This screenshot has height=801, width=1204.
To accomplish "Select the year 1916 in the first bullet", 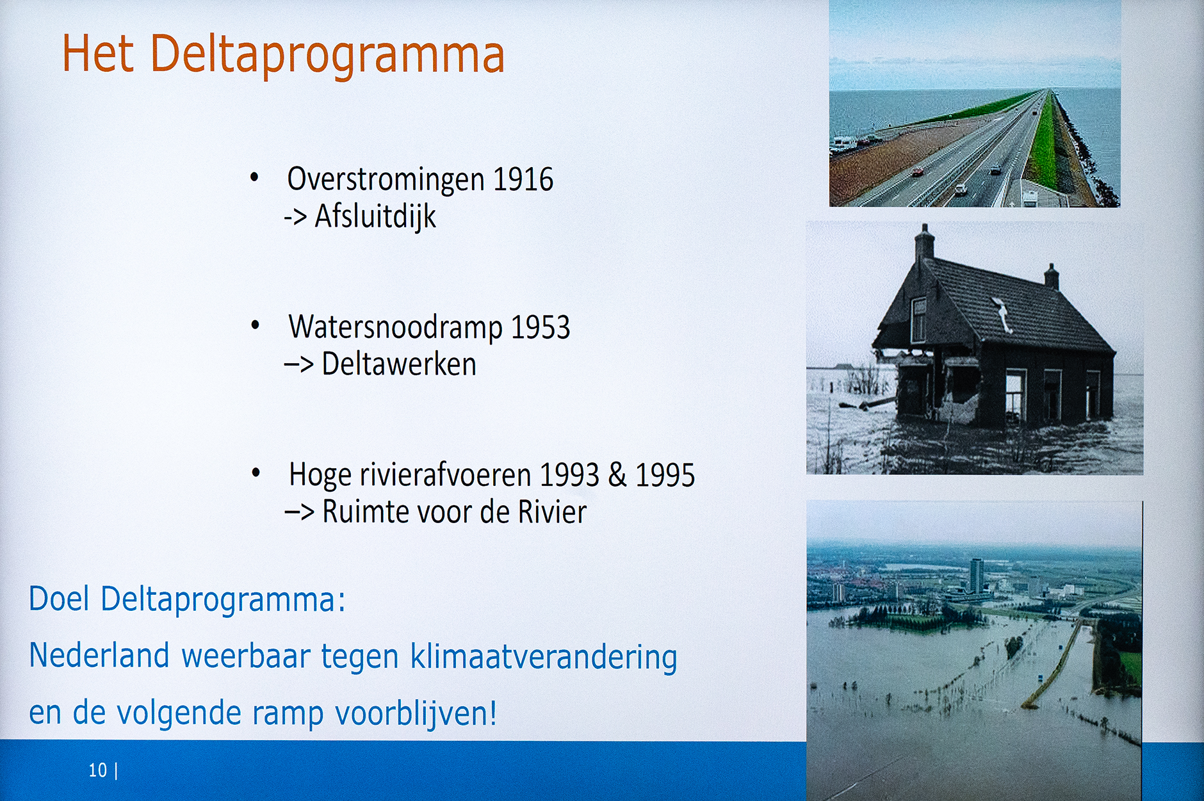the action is (x=523, y=179).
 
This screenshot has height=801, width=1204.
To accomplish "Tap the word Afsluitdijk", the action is (x=375, y=216).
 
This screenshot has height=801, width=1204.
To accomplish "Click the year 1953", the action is (x=540, y=327).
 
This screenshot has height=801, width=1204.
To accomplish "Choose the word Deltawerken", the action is (x=399, y=364).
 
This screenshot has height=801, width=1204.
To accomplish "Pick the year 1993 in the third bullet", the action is (x=569, y=475).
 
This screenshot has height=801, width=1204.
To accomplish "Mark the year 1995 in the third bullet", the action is (x=665, y=475).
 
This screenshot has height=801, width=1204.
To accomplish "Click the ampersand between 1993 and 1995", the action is (x=617, y=475).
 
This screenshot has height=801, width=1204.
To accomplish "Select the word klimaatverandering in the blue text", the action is (x=544, y=658).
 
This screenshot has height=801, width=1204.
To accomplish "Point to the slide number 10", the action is (x=98, y=770).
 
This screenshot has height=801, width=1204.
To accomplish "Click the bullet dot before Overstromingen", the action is (x=255, y=177).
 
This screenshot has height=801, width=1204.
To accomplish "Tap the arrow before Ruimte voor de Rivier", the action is (x=299, y=512).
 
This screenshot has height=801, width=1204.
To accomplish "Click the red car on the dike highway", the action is (x=918, y=172).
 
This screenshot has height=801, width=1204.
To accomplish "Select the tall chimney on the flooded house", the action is (x=924, y=241).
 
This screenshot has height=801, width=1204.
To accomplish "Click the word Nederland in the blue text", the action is (x=99, y=656).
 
